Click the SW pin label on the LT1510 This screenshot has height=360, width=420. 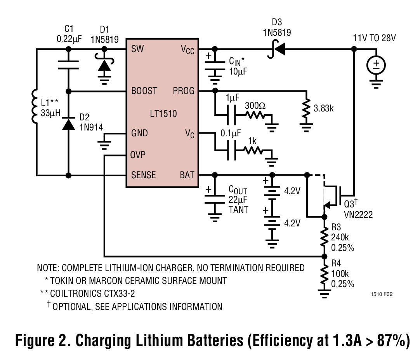coord(137,49)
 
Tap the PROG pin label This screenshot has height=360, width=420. coord(183,91)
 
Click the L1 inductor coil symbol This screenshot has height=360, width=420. coord(35,107)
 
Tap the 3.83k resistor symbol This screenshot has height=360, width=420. coord(307,109)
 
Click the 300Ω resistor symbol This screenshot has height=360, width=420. coord(254,115)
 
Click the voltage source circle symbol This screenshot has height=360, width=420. coord(376,65)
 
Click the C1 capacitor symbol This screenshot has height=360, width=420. coord(69,64)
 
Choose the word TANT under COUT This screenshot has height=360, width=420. coord(239,210)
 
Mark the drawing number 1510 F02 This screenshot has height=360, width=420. coord(382,294)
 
